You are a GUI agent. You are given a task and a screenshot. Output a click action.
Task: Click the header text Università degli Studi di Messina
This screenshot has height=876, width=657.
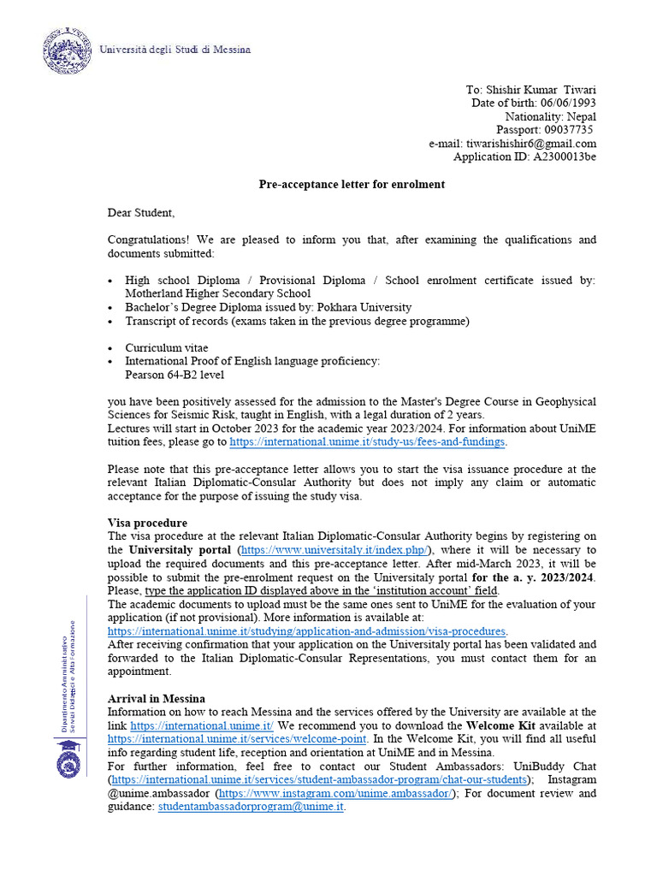coord(175,50)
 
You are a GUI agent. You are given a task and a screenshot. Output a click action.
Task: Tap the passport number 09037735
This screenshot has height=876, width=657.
coord(568,130)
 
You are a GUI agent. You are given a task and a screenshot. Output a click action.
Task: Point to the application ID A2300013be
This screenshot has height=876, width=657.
coord(565,157)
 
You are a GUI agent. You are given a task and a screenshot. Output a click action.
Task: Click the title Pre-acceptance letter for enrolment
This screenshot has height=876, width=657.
coord(352,185)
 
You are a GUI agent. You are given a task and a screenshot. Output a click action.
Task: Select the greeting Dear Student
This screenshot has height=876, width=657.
coord(141,212)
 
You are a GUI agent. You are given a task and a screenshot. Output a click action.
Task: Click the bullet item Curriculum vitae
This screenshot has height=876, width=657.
coord(167,348)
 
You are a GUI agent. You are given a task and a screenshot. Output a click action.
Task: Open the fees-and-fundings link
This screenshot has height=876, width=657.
coord(368,442)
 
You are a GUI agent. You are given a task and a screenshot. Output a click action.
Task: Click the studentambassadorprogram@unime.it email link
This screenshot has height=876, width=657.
coord(251,806)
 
